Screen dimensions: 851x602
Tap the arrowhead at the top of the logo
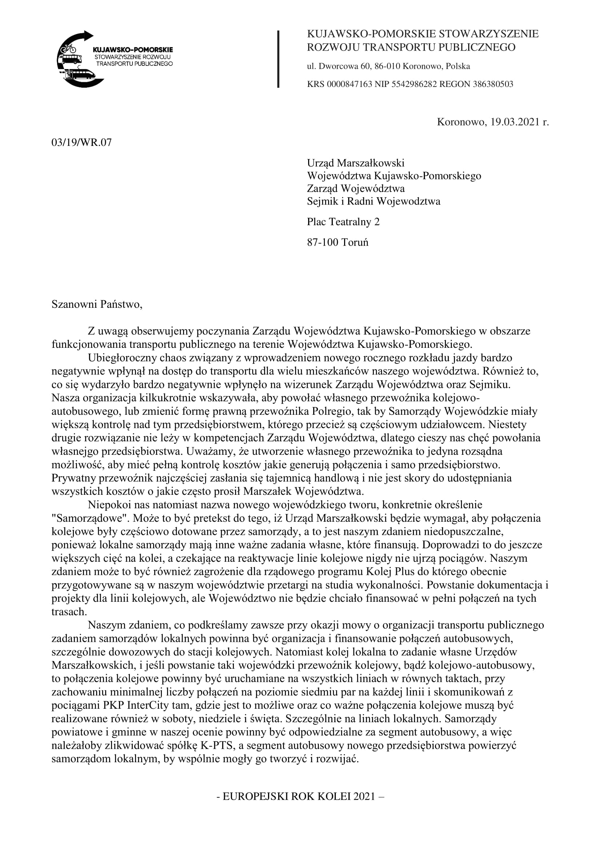pyautogui.click(x=89, y=36)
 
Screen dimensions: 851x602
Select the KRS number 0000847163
pyautogui.click(x=349, y=84)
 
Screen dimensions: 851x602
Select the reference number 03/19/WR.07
pyautogui.click(x=81, y=143)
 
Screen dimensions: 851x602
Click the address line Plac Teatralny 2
pyautogui.click(x=343, y=222)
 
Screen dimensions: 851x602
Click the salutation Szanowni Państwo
pyautogui.click(x=97, y=305)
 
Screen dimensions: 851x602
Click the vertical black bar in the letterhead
pyautogui.click(x=278, y=59)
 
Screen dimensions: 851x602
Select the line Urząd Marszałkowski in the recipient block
pyautogui.click(x=355, y=163)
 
